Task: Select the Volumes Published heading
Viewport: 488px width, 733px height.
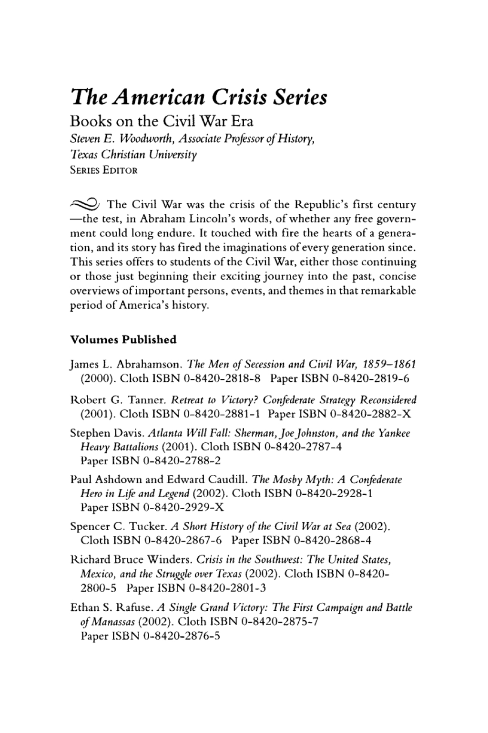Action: click(123, 340)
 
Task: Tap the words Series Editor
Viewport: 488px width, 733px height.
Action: click(103, 170)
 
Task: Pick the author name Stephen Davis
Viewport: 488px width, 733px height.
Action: click(107, 433)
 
